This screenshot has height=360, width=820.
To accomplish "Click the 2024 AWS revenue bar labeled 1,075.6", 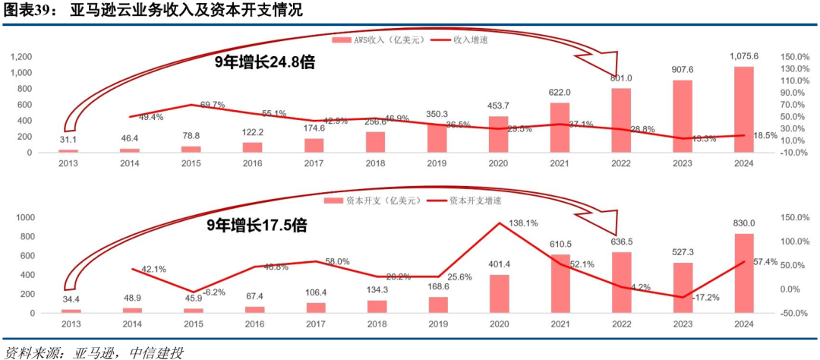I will tap(744, 109).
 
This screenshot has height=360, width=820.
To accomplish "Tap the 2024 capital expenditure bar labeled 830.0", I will tap(744, 273).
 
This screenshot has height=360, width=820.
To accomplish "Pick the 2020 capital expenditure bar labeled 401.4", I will tap(498, 294).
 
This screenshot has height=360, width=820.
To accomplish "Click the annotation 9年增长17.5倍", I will tap(256, 226).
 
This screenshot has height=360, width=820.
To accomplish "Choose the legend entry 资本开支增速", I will tap(473, 201).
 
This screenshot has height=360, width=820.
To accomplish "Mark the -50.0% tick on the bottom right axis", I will tap(794, 313).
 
